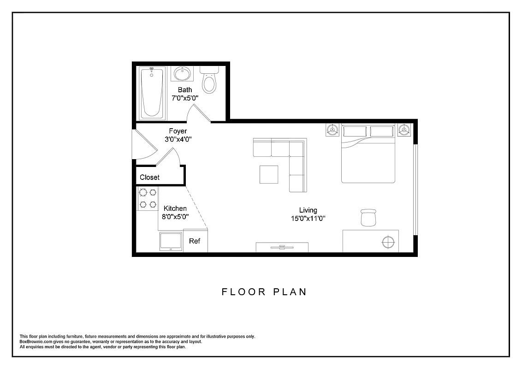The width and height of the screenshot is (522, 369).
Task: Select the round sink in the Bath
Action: pos(183,74)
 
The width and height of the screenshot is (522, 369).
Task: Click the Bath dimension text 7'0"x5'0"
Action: pos(185,98)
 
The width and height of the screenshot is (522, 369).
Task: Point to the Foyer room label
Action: pos(178,131)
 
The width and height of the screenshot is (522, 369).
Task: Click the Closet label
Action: pos(149,177)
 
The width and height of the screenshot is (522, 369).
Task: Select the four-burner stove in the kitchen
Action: pos(148,198)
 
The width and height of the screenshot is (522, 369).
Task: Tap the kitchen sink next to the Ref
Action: pos(171,241)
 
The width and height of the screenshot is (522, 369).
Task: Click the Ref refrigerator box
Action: pos(195,241)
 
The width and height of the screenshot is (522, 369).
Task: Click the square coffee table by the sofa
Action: pos(269,174)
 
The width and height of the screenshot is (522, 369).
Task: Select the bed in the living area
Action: pos(368,155)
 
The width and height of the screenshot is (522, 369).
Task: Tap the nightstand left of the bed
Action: pos(332,130)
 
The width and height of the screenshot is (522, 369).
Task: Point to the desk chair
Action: pos(368,217)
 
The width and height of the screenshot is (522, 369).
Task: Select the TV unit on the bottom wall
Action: pos(282,247)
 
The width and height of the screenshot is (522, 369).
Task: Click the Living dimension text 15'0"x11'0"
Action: pos(308,219)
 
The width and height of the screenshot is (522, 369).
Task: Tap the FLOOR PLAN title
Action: pos(264,292)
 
